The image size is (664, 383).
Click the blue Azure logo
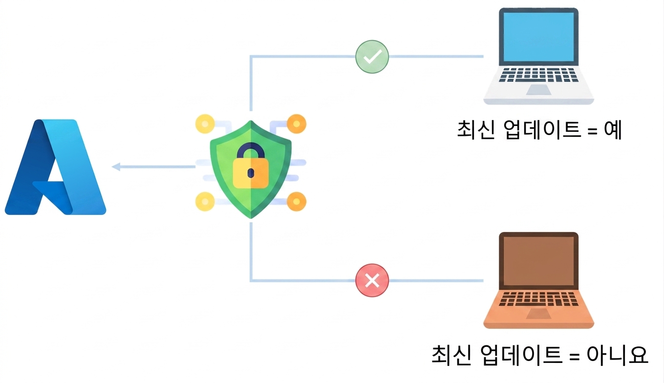55,167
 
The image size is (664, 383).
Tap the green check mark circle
372,57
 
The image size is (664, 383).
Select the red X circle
372,280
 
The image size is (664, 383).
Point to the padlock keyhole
251,173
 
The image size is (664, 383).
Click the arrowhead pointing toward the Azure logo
116,167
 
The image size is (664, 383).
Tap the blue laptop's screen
538,37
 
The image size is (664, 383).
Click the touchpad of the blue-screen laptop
538,90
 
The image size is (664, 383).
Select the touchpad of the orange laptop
538,314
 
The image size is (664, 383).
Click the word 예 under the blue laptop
613,130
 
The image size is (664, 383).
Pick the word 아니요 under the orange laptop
617,355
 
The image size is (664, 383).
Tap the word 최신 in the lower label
451,355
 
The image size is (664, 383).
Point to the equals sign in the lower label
575,356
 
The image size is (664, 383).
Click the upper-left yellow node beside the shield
205,124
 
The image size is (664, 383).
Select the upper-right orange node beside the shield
297,124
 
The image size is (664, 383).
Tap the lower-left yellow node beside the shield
205,202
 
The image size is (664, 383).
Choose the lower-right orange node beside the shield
297,202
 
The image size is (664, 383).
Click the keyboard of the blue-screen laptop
538,75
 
